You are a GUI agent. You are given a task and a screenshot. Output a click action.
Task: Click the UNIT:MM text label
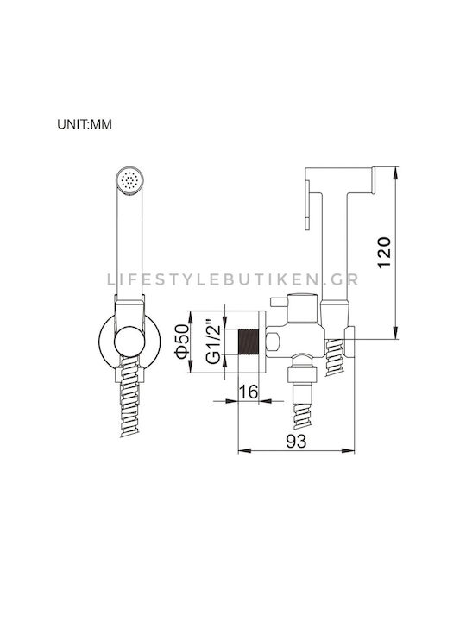(85, 124)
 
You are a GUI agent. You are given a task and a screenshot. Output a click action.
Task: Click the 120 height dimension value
(384, 253)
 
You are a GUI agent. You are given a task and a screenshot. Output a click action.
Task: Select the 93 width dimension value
(296, 442)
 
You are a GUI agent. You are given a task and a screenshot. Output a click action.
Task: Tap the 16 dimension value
(249, 392)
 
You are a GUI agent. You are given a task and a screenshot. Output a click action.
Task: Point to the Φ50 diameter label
(182, 341)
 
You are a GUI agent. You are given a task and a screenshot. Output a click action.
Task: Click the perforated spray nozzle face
(129, 180)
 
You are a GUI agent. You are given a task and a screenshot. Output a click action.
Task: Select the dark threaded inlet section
(248, 342)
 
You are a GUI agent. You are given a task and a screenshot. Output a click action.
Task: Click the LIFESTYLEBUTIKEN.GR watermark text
(233, 279)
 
